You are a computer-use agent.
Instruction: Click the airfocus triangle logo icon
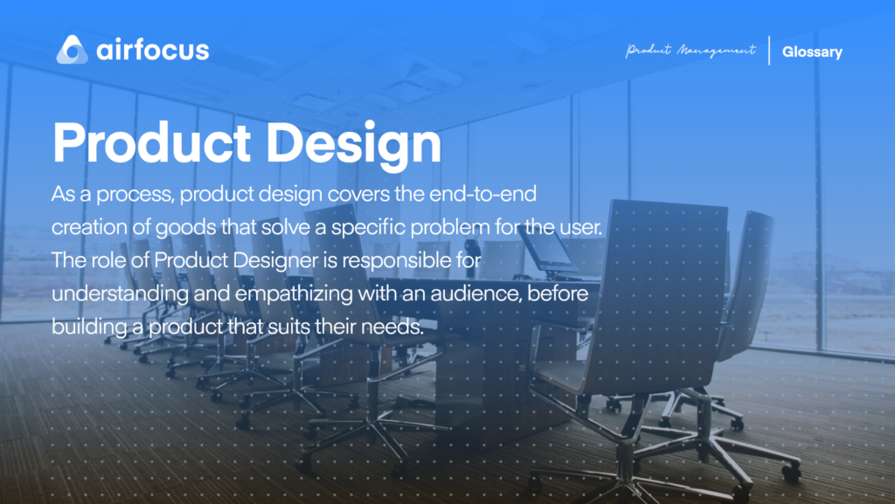coord(72,50)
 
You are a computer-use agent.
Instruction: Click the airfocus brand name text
coord(153,50)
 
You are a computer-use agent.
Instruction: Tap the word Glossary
coord(812,52)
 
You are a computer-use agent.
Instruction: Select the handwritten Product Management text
coord(690,51)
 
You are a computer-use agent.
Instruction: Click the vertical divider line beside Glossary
coord(769,51)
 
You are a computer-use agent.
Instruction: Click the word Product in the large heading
coord(151,142)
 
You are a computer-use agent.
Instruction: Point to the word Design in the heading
coord(354,145)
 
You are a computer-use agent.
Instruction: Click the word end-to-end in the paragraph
coord(482,194)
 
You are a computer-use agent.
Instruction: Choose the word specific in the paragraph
coord(368,227)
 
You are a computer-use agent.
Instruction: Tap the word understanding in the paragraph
coord(120,294)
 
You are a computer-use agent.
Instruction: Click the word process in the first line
coord(135,195)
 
